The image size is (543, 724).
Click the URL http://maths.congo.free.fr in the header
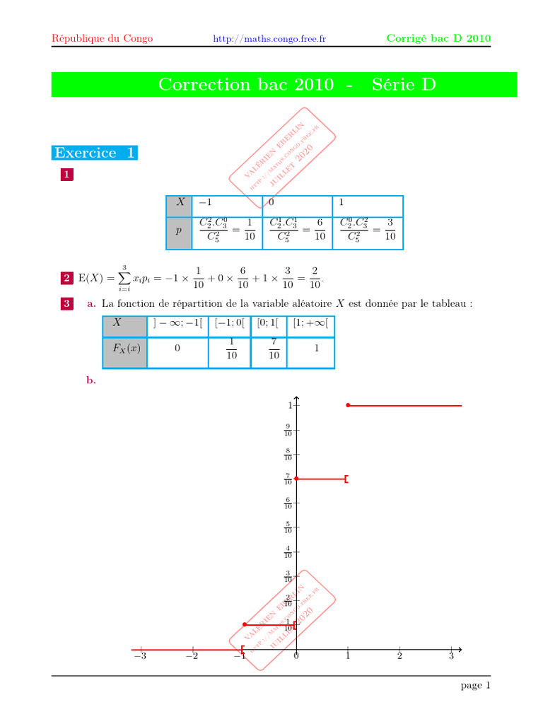[269, 39]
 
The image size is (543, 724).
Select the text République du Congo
[103, 38]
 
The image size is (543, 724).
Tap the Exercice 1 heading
[95, 153]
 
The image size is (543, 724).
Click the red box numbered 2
[66, 279]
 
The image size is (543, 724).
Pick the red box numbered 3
[66, 303]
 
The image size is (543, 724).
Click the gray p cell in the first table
[179, 232]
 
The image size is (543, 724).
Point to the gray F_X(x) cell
[125, 349]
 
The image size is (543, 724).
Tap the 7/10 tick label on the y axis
[288, 479]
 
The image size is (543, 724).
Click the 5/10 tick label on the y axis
[288, 527]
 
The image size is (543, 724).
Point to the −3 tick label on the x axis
[141, 657]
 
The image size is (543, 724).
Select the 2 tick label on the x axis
[399, 657]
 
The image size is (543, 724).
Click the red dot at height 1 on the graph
[348, 405]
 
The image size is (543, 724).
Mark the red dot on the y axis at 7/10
[296, 479]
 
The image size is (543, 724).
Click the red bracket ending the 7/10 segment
[346, 479]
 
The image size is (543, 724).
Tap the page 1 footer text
[475, 685]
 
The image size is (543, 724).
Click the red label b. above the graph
[90, 380]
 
